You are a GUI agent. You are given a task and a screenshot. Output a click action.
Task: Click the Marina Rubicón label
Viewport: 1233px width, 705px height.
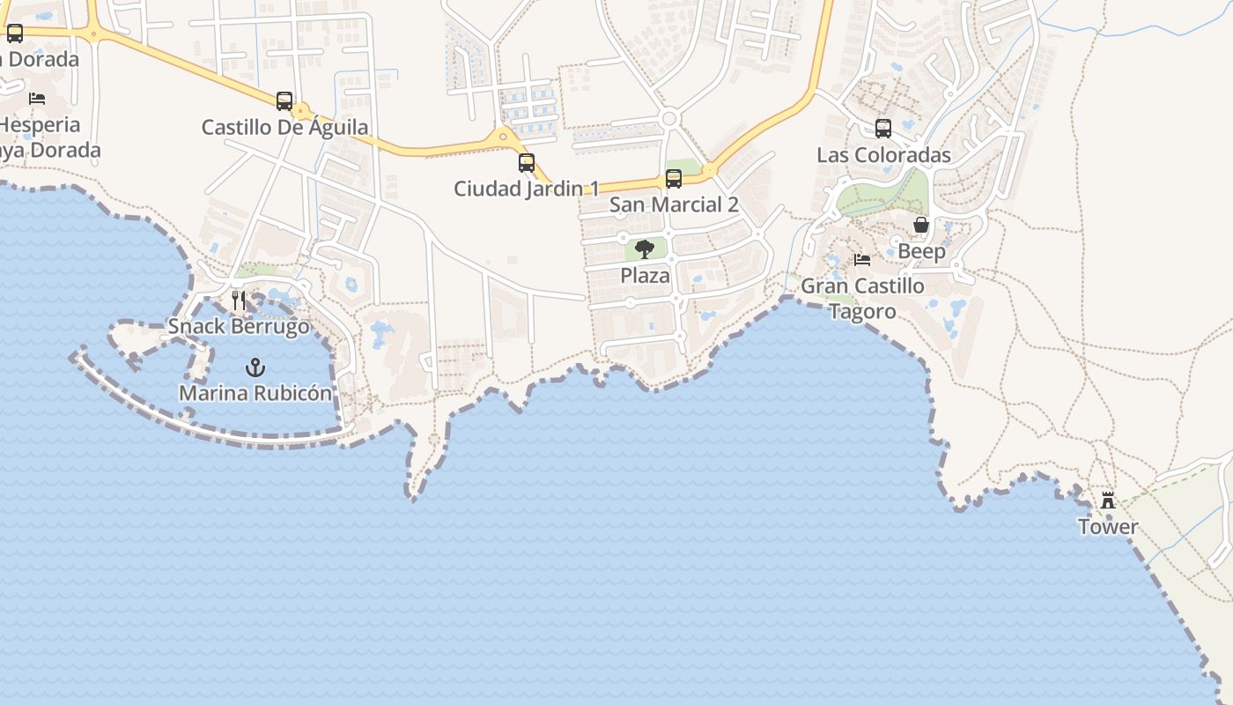click(x=255, y=393)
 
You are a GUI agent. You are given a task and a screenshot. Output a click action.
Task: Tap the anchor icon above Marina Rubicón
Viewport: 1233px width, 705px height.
click(x=255, y=367)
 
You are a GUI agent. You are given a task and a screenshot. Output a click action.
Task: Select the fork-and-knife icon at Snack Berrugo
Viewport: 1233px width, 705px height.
click(x=238, y=301)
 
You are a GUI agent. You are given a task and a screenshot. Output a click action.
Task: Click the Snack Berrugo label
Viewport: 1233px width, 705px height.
click(x=239, y=326)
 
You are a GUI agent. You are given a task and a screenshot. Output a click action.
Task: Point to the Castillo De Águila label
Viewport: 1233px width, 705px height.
click(x=284, y=127)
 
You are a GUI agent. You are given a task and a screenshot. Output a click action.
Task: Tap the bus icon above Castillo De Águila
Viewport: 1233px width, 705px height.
click(x=284, y=101)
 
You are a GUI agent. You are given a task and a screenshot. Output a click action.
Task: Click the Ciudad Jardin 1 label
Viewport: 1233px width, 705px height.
click(x=526, y=189)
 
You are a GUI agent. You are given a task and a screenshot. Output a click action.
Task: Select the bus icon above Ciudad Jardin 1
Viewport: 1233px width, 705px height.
click(x=527, y=163)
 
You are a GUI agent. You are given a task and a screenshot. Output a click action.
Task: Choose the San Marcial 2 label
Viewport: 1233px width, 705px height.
click(x=674, y=205)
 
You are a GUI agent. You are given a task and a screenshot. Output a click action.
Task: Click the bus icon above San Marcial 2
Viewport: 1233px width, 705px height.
click(x=674, y=179)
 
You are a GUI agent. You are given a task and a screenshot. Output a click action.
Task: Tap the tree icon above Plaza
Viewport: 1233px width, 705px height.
click(x=645, y=249)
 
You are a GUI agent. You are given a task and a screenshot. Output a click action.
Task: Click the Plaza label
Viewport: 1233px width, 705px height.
click(x=645, y=276)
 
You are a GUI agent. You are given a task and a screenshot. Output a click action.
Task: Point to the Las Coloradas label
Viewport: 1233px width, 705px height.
click(x=883, y=155)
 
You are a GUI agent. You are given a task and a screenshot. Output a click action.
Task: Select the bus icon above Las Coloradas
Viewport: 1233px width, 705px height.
click(x=883, y=129)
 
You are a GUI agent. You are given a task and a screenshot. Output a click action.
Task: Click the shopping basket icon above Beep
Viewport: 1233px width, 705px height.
click(x=921, y=226)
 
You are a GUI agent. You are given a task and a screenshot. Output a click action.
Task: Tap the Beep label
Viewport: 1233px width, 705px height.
click(x=921, y=251)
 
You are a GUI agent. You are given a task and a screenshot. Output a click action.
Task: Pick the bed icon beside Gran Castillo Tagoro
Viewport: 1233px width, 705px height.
click(x=862, y=260)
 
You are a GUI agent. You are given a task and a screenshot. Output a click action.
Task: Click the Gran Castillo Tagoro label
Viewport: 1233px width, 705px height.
click(x=862, y=298)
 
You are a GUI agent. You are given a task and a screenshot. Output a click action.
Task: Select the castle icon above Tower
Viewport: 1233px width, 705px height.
click(x=1108, y=501)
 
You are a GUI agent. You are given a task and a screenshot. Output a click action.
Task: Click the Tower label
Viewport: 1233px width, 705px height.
click(x=1108, y=527)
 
